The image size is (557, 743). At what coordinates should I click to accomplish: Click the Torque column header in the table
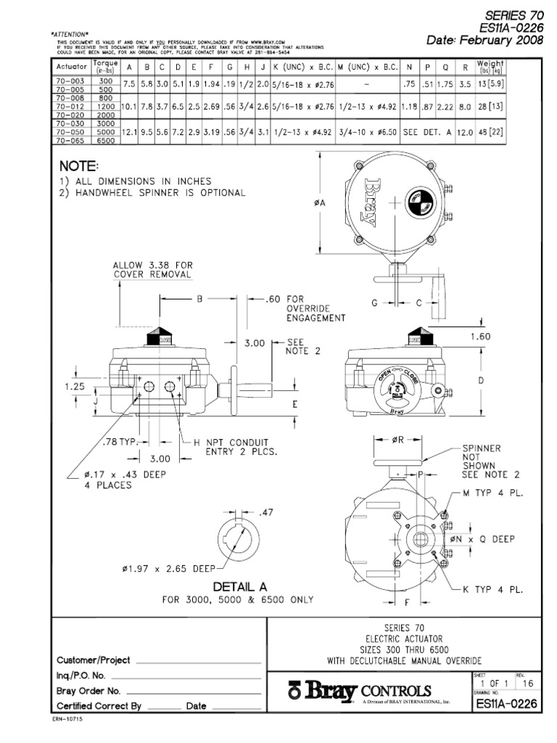click(x=105, y=67)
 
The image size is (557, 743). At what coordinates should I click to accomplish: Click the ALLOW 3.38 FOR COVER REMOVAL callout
click(x=153, y=270)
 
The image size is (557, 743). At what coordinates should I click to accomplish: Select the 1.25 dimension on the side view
click(x=75, y=387)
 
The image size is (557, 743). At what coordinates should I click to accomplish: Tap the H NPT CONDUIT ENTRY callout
click(x=231, y=448)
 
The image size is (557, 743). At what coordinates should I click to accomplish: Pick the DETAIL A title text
click(x=239, y=586)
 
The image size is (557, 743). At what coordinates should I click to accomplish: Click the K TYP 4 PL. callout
click(x=493, y=590)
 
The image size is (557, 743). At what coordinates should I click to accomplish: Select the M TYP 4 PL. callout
click(x=493, y=493)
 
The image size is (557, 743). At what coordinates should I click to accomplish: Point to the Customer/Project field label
click(x=94, y=660)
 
